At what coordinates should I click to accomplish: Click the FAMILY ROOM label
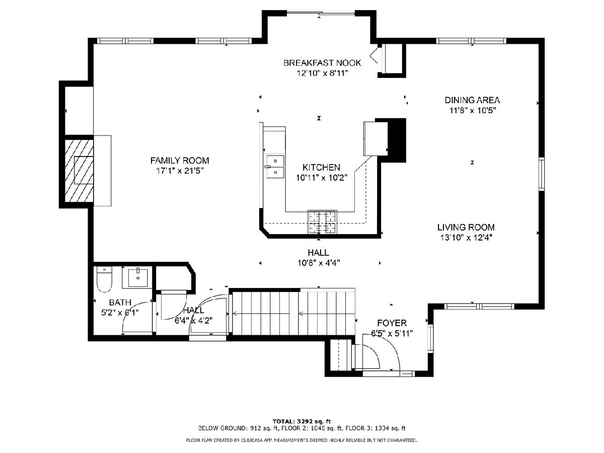180,161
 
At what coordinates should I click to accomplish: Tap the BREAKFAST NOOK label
322,63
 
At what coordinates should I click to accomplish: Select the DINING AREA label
472,100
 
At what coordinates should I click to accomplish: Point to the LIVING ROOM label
466,227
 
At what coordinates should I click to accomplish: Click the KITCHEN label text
322,167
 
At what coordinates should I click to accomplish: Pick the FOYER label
392,323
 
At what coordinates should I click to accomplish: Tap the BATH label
120,303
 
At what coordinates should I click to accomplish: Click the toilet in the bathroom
104,279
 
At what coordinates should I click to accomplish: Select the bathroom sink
138,278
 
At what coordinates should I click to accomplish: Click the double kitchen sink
275,167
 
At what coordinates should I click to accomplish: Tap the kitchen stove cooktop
323,222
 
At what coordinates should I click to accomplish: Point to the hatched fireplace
79,171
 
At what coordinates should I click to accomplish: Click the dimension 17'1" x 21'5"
180,171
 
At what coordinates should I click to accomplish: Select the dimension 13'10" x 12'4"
466,238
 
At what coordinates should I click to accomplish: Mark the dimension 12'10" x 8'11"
322,73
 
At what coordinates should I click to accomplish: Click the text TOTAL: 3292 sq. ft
301,421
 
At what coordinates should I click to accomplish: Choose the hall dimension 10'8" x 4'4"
319,263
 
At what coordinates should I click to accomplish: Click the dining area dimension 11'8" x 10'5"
473,111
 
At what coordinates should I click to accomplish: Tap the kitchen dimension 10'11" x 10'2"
322,178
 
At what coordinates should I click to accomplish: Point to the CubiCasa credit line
301,440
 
